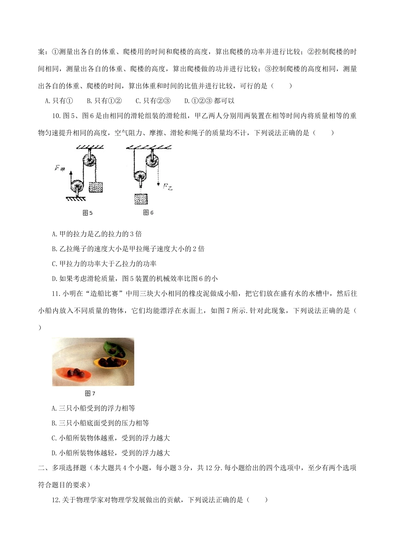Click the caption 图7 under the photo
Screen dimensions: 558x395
pos(90,393)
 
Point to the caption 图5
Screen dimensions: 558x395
pos(88,213)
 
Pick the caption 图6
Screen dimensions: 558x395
pos(148,213)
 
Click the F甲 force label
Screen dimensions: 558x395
pos(59,168)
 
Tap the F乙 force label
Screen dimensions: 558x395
pos(168,187)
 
